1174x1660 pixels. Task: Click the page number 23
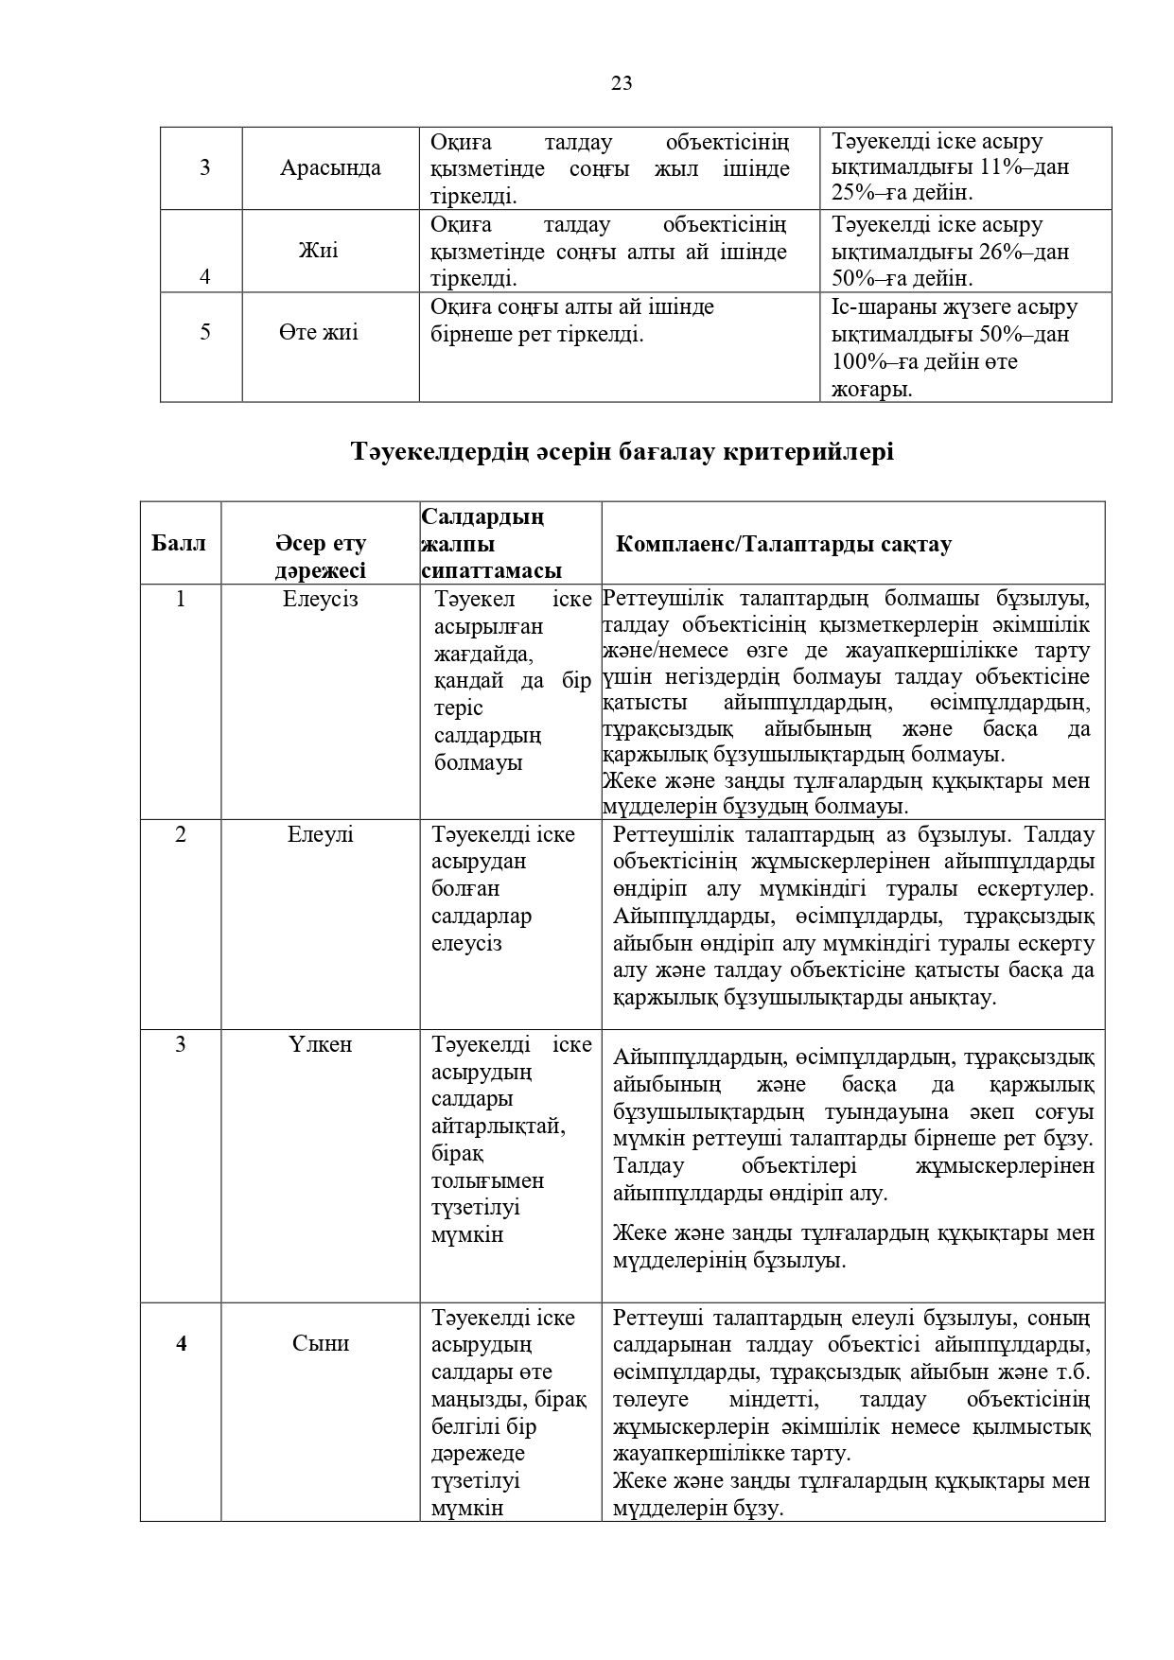tap(622, 83)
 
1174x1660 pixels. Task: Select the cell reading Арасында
tap(330, 168)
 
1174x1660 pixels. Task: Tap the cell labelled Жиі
tap(318, 251)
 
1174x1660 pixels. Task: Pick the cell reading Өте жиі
tap(319, 333)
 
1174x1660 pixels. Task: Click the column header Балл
tap(179, 544)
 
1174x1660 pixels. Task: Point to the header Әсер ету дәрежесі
tap(321, 557)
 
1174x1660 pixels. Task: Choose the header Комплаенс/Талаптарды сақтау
tap(783, 545)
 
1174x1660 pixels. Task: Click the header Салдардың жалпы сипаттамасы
tap(491, 544)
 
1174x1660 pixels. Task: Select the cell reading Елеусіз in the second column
tap(321, 599)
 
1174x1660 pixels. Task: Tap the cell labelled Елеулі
tap(321, 834)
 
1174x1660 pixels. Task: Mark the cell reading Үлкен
tap(321, 1044)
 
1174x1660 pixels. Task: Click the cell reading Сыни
tap(321, 1343)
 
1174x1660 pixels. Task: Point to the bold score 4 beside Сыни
tap(182, 1343)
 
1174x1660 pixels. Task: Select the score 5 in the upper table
tap(205, 333)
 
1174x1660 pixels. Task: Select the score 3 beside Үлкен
tap(181, 1044)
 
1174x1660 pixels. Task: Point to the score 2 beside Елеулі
tap(181, 834)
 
